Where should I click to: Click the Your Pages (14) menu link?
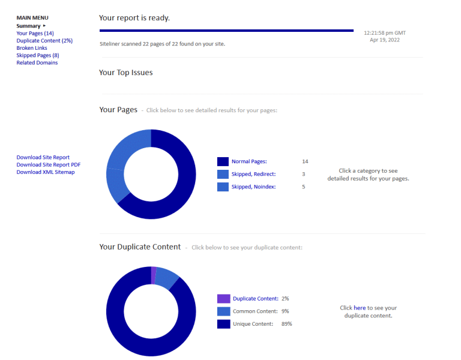click(35, 34)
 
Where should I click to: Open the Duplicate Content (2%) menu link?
click(44, 41)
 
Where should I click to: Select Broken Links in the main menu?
click(32, 48)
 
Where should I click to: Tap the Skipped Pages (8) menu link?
click(37, 55)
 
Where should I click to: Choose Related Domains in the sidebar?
click(37, 62)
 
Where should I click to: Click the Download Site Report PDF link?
click(49, 165)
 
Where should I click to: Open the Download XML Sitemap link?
click(46, 172)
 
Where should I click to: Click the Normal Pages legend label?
click(249, 161)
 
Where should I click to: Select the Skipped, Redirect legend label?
click(253, 174)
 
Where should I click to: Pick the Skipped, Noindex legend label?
click(253, 187)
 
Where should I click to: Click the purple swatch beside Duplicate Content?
click(223, 299)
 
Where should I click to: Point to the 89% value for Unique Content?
click(286, 324)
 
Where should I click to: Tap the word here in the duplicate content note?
click(360, 308)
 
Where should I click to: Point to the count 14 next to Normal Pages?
click(305, 161)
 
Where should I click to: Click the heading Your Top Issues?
click(126, 73)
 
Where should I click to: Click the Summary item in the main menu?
click(29, 26)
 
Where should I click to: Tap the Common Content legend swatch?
click(223, 311)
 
